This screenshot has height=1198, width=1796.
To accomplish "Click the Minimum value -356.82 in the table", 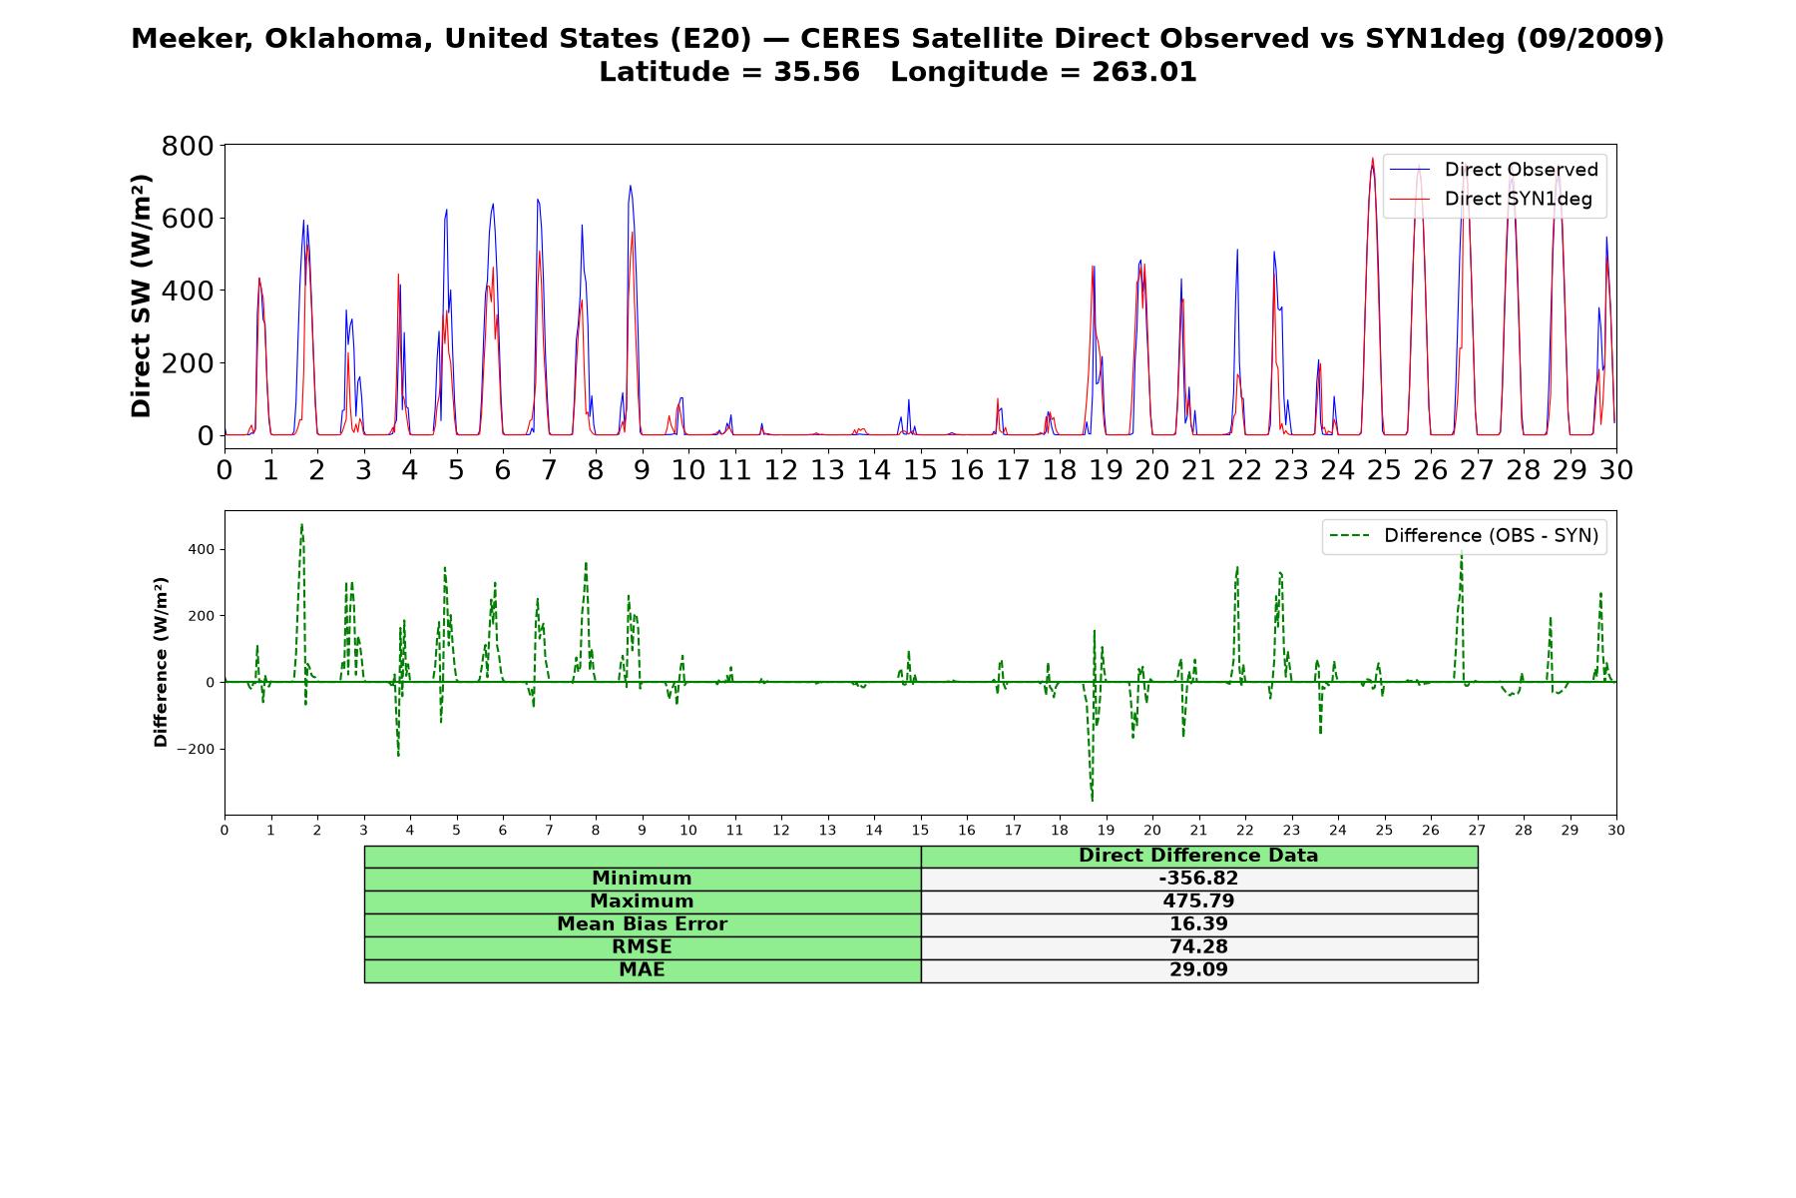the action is (1198, 879).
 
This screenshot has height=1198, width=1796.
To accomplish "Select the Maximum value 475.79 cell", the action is (1198, 901).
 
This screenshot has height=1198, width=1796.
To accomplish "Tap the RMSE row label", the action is (642, 947).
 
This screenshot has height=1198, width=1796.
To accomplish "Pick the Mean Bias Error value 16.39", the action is (1198, 924).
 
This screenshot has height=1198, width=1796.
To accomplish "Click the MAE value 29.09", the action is (1198, 970).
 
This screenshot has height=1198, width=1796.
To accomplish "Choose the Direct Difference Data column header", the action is (1198, 856).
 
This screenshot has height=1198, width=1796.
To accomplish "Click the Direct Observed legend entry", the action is (1494, 170).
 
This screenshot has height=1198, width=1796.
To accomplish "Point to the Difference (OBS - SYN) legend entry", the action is (1464, 536).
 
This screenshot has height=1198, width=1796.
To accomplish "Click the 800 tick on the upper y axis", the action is (188, 146).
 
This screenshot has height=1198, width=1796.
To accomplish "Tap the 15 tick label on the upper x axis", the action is (920, 470).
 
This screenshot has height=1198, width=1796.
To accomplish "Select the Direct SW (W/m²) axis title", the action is (141, 297).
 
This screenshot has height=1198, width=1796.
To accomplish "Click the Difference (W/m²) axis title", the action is (161, 663).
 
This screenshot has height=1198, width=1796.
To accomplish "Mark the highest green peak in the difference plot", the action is (301, 524).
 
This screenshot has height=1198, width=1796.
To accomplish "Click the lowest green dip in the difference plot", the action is (1092, 801).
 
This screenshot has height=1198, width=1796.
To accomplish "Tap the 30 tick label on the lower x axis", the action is (1616, 831).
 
